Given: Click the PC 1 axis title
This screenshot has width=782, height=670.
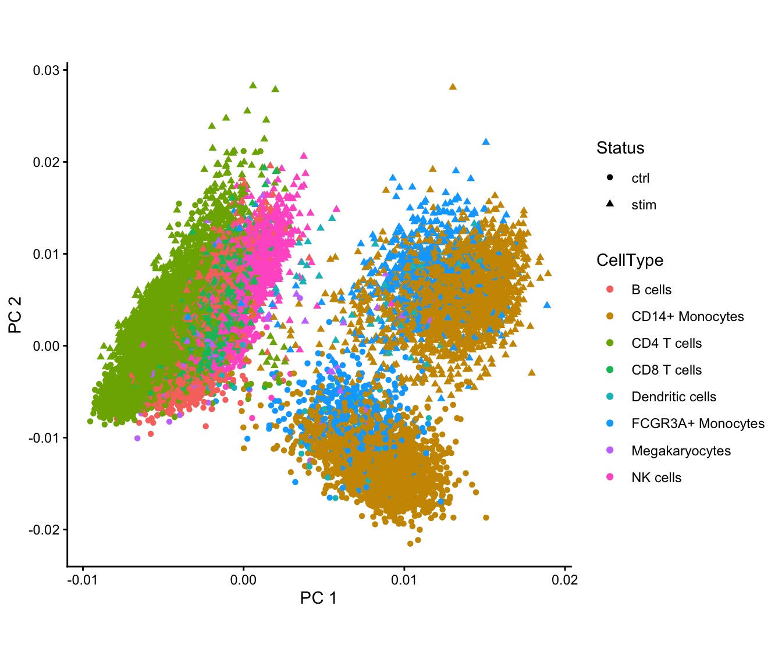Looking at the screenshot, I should coord(318,598).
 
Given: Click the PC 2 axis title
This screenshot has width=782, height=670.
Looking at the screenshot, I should coord(15,315).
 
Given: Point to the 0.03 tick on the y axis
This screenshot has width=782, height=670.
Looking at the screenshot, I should coord(46,70).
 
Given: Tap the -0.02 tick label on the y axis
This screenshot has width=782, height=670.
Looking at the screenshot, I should coord(44,529).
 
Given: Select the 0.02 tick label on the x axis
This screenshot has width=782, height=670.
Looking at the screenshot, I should coord(564,580).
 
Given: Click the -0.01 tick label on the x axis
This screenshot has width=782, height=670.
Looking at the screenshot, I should coord(83,580).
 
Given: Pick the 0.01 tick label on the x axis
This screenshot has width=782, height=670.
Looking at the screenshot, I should coord(404,580).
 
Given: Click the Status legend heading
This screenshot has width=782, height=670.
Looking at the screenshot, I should coord(620,148).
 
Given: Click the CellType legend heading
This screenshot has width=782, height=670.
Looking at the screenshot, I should coord(630,260).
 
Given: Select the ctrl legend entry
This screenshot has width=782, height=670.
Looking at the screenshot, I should coord(640,178).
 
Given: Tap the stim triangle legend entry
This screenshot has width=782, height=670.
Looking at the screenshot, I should coord(610,204).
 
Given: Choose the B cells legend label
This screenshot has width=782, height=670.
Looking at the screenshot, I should coord(651,290).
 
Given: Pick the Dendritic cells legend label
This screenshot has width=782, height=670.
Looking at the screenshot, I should coord(674,397).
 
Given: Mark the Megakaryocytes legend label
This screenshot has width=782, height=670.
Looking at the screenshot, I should coord(681,451).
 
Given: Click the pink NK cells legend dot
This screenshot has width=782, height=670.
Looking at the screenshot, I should coord(610,477).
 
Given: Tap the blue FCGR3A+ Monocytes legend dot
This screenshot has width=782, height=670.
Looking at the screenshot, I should coord(610,423).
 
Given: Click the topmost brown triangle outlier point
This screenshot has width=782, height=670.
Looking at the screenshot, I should coord(453,87).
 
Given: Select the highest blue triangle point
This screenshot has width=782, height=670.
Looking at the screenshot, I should coord(486,141).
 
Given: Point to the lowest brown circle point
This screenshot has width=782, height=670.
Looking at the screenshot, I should coord(410,543).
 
